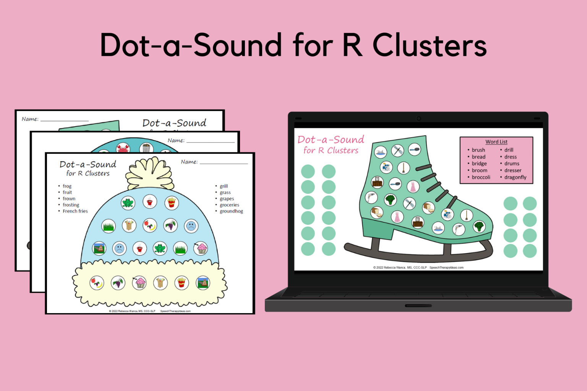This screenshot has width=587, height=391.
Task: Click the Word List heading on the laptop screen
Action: point(496,142)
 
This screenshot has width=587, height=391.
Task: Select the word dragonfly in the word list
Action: point(515,177)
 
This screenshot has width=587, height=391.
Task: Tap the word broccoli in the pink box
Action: point(481,177)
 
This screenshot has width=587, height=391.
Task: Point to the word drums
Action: point(512,163)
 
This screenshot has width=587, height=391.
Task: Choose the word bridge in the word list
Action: point(479,163)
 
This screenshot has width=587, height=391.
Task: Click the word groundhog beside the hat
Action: point(231,211)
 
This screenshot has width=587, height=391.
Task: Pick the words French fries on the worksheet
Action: point(75,211)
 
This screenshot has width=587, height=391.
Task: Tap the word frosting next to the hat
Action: point(71,205)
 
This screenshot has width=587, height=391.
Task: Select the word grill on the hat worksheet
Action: point(224,186)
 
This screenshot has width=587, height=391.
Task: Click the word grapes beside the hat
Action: point(227,199)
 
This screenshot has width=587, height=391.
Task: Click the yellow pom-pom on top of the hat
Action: point(150,173)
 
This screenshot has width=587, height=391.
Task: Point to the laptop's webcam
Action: point(418,118)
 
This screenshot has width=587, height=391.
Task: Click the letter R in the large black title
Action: point(352,45)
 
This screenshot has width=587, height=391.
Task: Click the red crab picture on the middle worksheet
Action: point(123,148)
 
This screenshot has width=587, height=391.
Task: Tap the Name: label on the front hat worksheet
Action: point(189,162)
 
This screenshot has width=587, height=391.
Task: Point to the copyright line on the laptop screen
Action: point(418,267)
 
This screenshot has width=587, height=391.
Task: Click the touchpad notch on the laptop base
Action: point(418,305)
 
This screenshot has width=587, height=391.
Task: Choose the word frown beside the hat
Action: point(69,199)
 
